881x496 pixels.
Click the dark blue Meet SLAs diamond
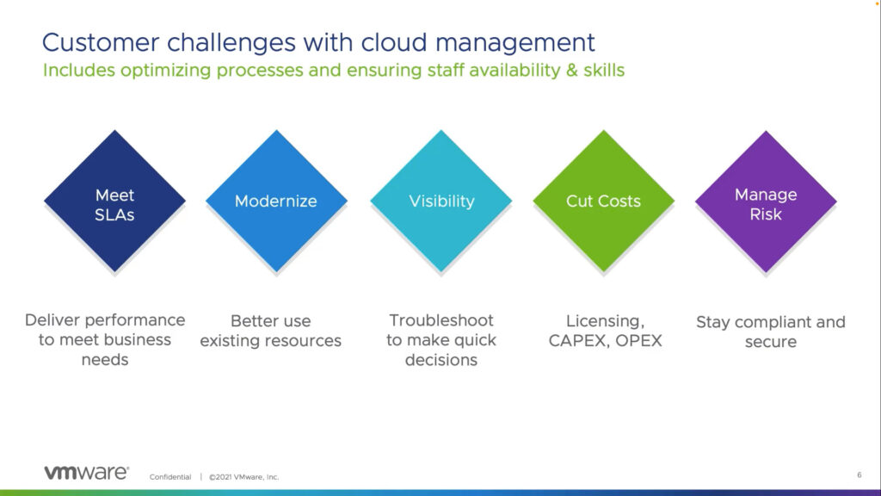coord(114,201)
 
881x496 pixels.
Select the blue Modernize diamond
coord(276,201)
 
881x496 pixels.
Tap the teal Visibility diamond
coord(441,201)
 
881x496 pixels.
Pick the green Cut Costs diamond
coord(603,201)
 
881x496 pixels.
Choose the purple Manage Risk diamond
coord(766,201)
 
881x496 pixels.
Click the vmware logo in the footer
coord(87,473)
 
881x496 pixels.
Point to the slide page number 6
coord(859,475)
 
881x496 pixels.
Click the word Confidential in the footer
coord(170,477)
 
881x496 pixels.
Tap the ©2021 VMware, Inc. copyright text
coord(243,477)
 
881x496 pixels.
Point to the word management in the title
coord(515,44)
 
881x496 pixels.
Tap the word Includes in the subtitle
coord(79,71)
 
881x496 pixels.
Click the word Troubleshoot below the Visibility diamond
coord(441,320)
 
